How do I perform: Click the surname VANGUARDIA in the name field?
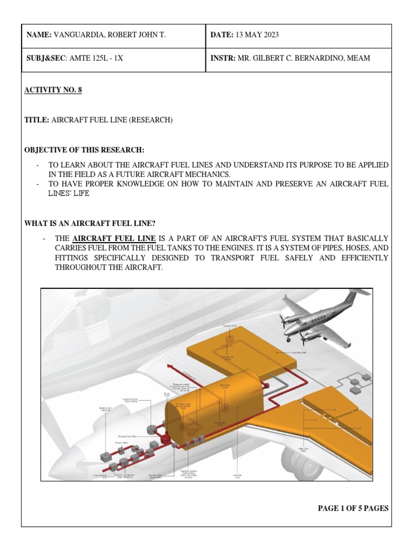coord(79,35)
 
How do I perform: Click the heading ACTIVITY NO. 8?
coord(53,90)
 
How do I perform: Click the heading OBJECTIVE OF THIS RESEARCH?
coord(84,150)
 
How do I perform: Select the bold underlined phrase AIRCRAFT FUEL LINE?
coord(115,238)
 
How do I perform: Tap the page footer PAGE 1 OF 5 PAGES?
coord(353,508)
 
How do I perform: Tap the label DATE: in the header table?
coord(222,35)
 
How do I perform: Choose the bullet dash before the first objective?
coord(38,165)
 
